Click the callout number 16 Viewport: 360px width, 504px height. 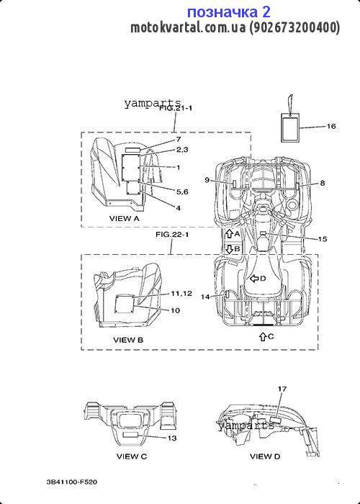coord(331,126)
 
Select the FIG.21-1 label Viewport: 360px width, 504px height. coord(176,108)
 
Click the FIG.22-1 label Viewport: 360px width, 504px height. coord(172,235)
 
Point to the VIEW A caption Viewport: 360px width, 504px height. coord(125,219)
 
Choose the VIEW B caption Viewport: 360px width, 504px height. coord(128,340)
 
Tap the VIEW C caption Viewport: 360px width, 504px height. coord(132,456)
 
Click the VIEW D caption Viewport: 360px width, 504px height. coord(265,456)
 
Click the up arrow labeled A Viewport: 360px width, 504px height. coord(229,234)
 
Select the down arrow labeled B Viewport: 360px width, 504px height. coord(229,249)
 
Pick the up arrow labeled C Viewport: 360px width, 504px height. coord(263,336)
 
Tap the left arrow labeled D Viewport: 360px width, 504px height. coord(254,279)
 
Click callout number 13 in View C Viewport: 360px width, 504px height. coord(172,438)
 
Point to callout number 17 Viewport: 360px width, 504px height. coord(282,390)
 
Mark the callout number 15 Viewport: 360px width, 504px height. coord(323,239)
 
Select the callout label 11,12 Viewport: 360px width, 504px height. coord(181,294)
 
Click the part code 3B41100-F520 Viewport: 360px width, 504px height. coord(72,482)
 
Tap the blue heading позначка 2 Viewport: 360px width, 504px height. coord(229,12)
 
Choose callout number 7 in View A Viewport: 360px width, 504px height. coord(179,139)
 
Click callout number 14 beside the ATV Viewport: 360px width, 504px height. coord(205,297)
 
